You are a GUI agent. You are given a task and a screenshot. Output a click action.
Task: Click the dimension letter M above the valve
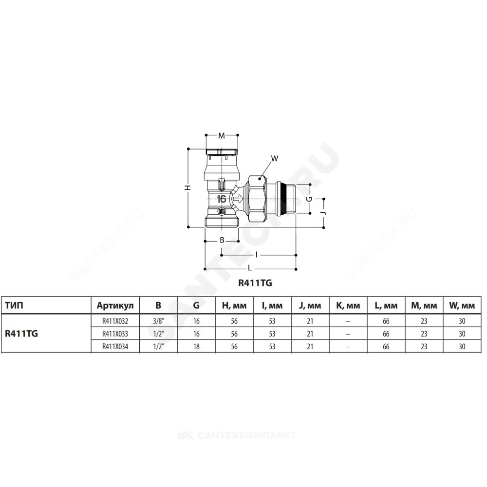pyautogui.click(x=222, y=136)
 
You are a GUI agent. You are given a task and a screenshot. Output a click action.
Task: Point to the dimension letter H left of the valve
pyautogui.click(x=188, y=187)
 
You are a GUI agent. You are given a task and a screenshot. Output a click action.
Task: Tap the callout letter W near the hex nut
pyautogui.click(x=275, y=159)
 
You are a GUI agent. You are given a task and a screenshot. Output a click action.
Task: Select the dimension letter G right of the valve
pyautogui.click(x=309, y=199)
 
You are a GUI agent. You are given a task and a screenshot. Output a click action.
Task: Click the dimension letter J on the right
pyautogui.click(x=324, y=213)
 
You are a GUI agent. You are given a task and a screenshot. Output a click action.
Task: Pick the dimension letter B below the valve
pyautogui.click(x=222, y=240)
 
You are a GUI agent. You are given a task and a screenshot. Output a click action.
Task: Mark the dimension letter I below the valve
pyautogui.click(x=257, y=255)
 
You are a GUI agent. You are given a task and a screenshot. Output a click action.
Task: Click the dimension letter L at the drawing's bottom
pyautogui.click(x=250, y=268)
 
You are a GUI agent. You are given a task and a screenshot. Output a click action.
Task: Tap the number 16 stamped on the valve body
pyautogui.click(x=222, y=199)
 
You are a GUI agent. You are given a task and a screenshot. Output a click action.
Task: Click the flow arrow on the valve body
pyautogui.click(x=238, y=199)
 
